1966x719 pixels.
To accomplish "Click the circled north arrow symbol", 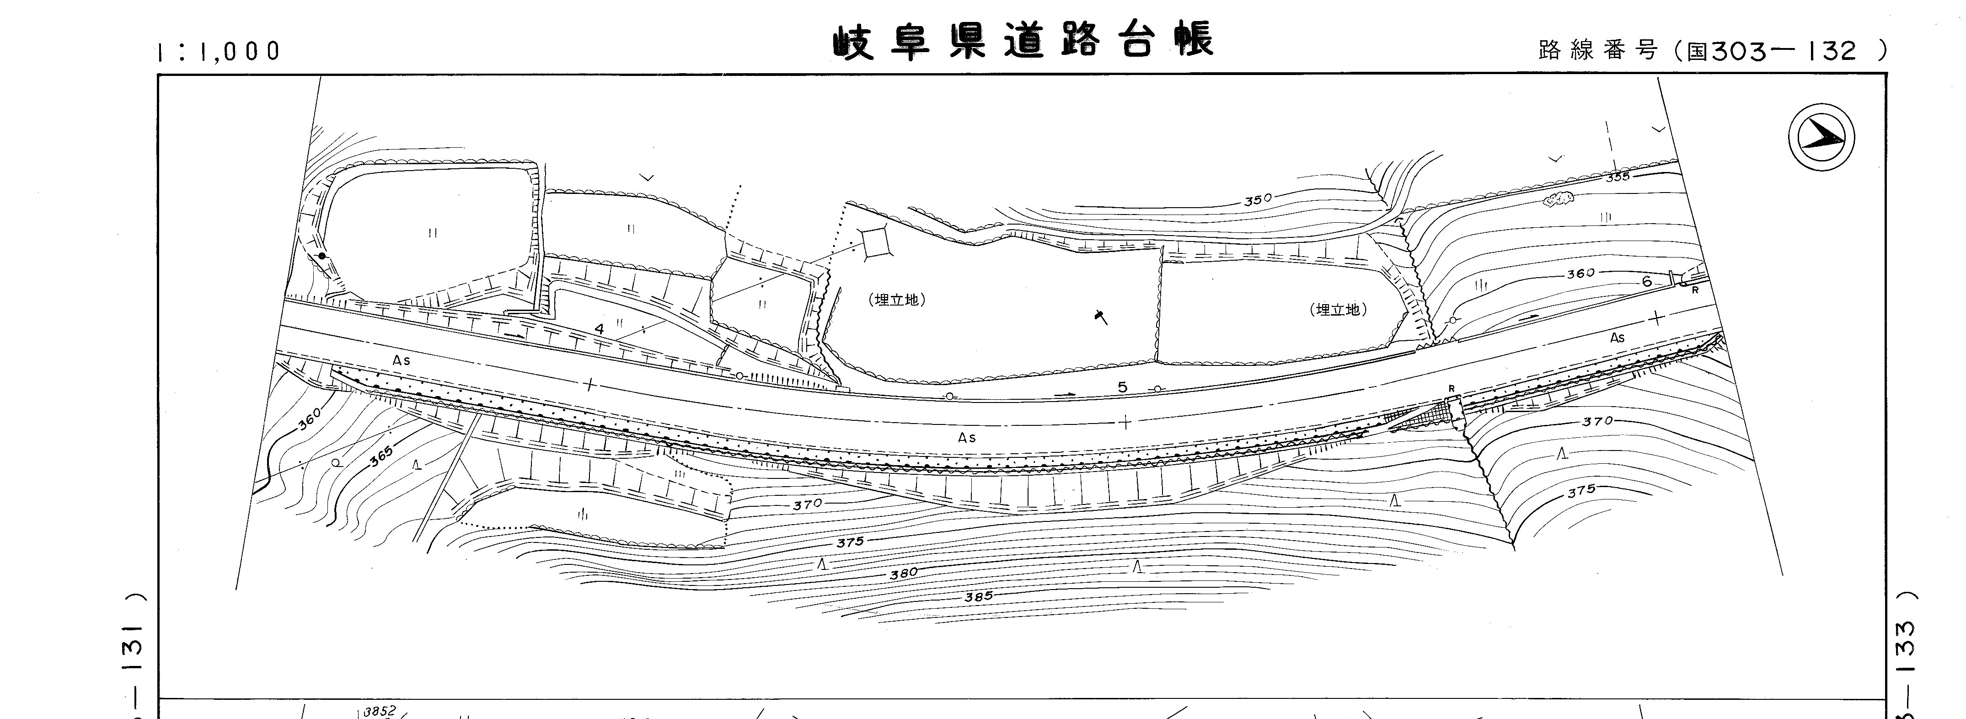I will point(1821,137).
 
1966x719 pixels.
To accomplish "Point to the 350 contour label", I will point(1258,200).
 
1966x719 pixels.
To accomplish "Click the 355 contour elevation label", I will point(1617,176).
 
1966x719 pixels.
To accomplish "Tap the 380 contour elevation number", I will point(904,573).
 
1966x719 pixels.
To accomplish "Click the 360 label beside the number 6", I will point(1580,273).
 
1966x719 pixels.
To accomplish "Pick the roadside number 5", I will point(1122,387).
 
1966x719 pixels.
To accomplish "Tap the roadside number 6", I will point(1646,282).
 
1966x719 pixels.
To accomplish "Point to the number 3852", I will point(379,711).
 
